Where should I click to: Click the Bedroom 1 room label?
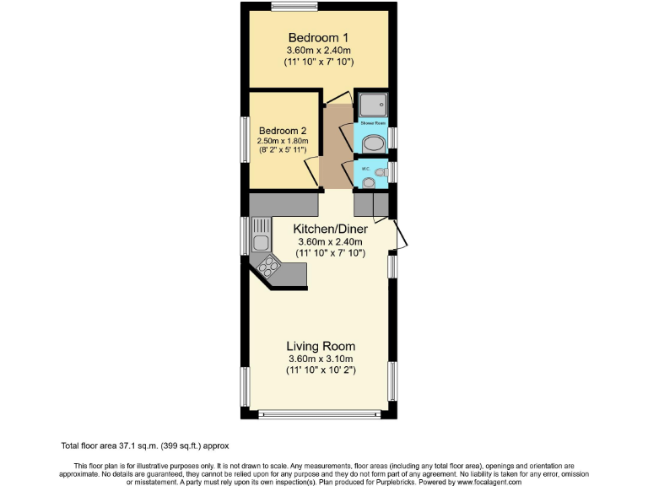click(x=319, y=37)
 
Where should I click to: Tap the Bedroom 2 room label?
click(x=283, y=130)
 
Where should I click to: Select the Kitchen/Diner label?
click(x=330, y=229)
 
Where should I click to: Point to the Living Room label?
click(x=321, y=346)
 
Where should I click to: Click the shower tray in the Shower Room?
click(x=371, y=105)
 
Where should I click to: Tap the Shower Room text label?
click(x=372, y=123)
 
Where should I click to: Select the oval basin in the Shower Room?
click(x=372, y=143)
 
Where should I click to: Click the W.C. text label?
click(x=366, y=169)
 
